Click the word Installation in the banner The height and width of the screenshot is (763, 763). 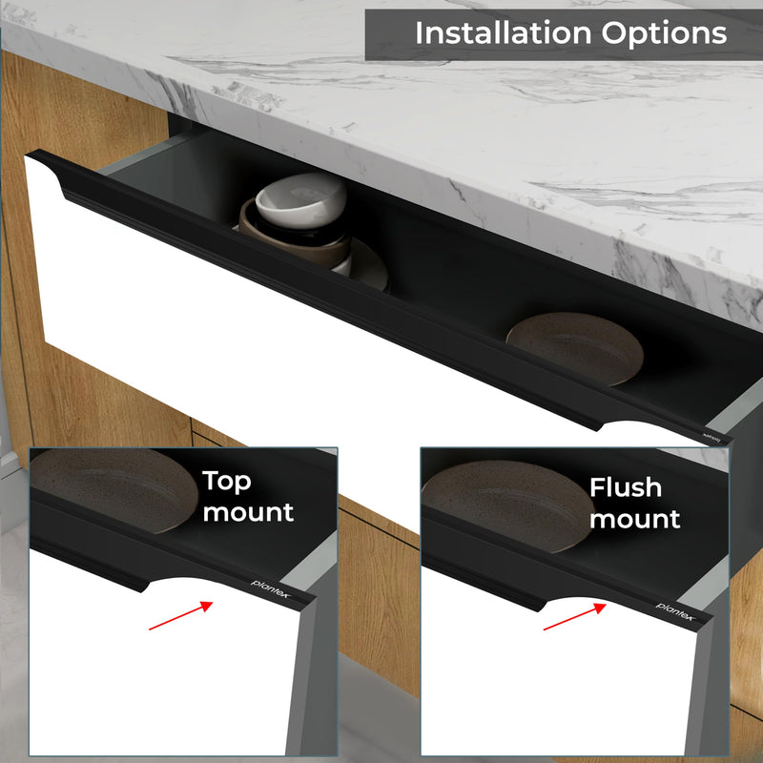click(504, 33)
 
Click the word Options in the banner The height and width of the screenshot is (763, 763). click(664, 34)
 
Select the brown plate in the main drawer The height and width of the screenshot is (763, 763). click(575, 347)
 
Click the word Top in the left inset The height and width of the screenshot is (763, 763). click(226, 482)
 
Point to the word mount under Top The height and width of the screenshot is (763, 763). click(248, 512)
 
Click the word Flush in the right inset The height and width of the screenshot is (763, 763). click(626, 487)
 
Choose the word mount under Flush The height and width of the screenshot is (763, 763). click(634, 519)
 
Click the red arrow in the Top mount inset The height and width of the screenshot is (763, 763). click(181, 615)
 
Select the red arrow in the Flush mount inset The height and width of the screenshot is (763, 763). click(575, 616)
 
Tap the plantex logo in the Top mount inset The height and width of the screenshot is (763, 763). click(271, 588)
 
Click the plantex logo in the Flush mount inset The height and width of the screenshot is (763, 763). click(676, 611)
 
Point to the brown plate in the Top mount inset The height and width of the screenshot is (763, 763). click(113, 489)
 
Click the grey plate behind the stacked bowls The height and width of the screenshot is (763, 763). click(368, 264)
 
